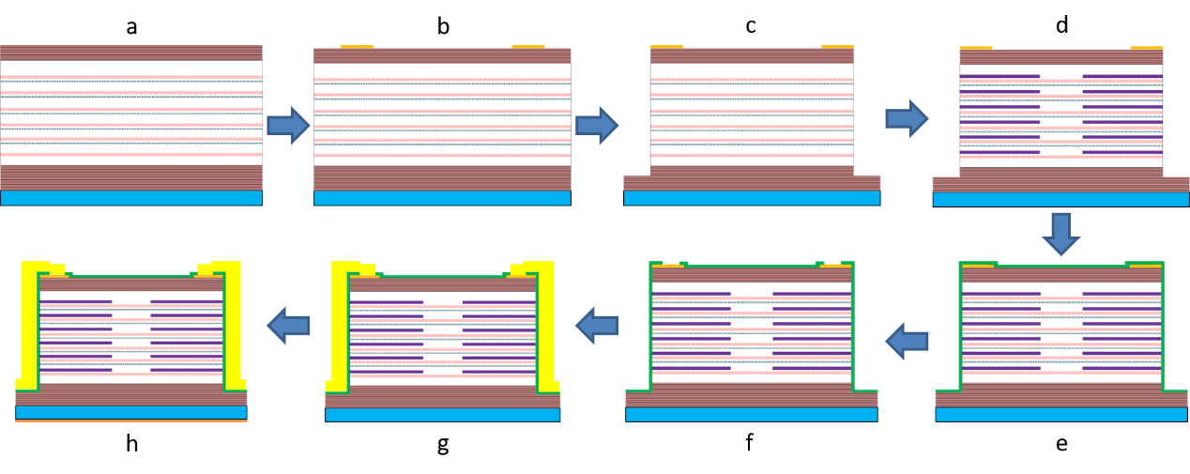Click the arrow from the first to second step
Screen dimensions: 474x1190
point(287,125)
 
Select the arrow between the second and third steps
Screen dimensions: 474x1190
point(596,125)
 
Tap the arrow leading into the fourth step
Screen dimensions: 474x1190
point(906,118)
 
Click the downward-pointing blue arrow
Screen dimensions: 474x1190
point(1060,233)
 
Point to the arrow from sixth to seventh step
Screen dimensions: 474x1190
point(597,326)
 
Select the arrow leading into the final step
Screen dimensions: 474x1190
point(288,326)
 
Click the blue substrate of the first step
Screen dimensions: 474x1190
point(131,197)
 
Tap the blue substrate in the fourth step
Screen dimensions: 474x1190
point(1060,199)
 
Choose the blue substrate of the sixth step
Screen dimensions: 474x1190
point(751,414)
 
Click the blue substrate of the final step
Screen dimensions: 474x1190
point(131,412)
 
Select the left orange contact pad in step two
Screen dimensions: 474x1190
point(357,46)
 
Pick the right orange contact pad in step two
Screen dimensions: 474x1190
point(527,46)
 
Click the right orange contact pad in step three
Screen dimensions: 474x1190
point(837,46)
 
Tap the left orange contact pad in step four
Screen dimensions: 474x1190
point(975,47)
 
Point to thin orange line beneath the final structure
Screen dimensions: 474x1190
point(131,421)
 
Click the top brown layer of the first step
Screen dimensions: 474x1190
point(131,53)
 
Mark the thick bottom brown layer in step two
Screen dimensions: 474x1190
point(442,177)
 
